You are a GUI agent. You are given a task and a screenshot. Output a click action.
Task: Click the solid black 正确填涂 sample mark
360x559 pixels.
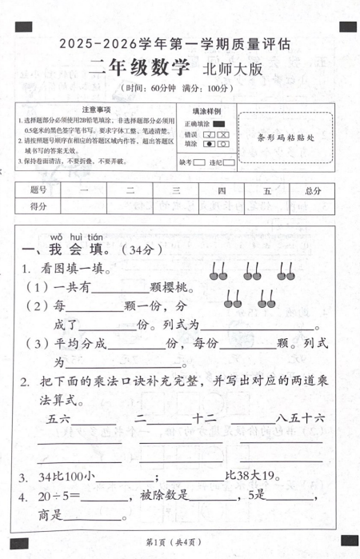pos(219,124)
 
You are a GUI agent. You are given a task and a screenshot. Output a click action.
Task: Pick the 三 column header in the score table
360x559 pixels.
pos(175,191)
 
